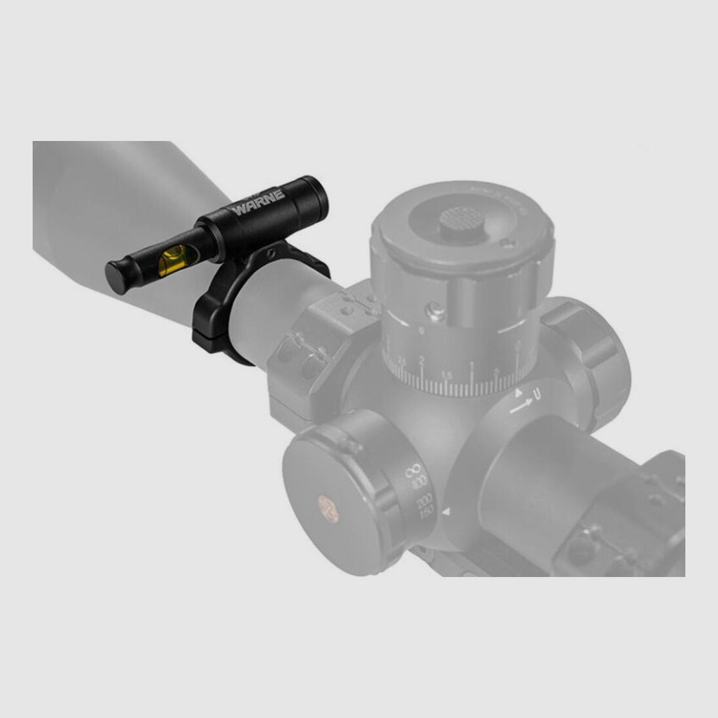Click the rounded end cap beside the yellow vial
[118, 272]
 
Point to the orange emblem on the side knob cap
[328, 507]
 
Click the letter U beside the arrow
[537, 394]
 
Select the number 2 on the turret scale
[422, 361]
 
